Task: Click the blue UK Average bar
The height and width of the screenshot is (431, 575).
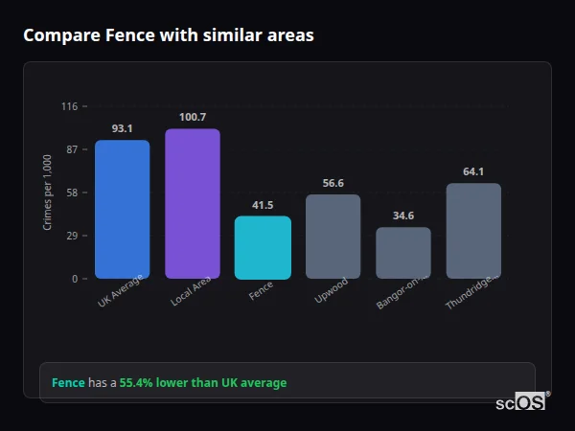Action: coord(122,210)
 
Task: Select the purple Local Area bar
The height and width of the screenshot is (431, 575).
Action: coord(193,204)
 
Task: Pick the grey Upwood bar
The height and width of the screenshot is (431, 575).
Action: coord(333,237)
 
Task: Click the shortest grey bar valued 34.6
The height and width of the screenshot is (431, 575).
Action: coord(403,253)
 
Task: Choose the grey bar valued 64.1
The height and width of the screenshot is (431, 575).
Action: coord(473,231)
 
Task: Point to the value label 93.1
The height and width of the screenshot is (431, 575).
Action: coord(122,128)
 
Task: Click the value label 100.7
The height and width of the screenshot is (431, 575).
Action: coord(193,117)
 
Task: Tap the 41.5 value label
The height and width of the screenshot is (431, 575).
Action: coord(263,205)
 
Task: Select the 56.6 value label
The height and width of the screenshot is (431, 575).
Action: coord(333,183)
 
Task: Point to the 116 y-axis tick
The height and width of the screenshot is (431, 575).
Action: coord(69,106)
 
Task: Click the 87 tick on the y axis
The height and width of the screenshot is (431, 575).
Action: coord(72,149)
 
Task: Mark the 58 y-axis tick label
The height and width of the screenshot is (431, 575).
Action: coord(72,193)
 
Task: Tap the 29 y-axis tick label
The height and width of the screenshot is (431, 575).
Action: coord(72,236)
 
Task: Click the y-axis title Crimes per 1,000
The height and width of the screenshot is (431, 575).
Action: coord(48,193)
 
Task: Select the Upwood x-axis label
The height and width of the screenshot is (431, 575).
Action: coord(332,291)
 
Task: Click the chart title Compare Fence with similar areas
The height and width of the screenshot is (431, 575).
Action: coord(169,35)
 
